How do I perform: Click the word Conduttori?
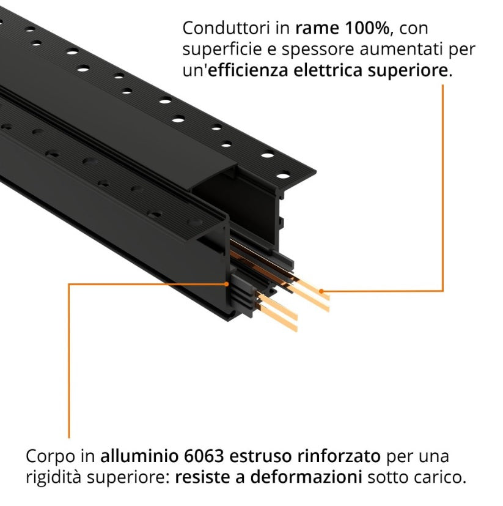[226, 28]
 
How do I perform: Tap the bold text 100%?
[367, 28]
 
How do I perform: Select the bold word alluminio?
[139, 456]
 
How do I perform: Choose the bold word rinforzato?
[339, 456]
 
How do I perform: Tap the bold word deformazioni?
[306, 477]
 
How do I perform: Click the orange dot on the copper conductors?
[321, 291]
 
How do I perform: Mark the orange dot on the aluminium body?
[227, 284]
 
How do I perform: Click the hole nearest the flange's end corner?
[283, 176]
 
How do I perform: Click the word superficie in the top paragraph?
[221, 50]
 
